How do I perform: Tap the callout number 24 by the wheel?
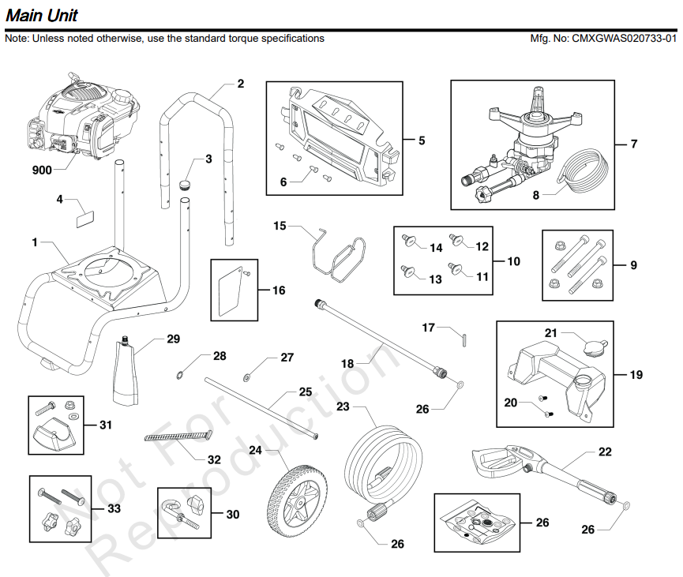click(255, 450)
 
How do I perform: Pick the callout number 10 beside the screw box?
click(513, 260)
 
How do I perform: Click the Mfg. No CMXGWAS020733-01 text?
click(604, 38)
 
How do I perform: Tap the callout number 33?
click(114, 509)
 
